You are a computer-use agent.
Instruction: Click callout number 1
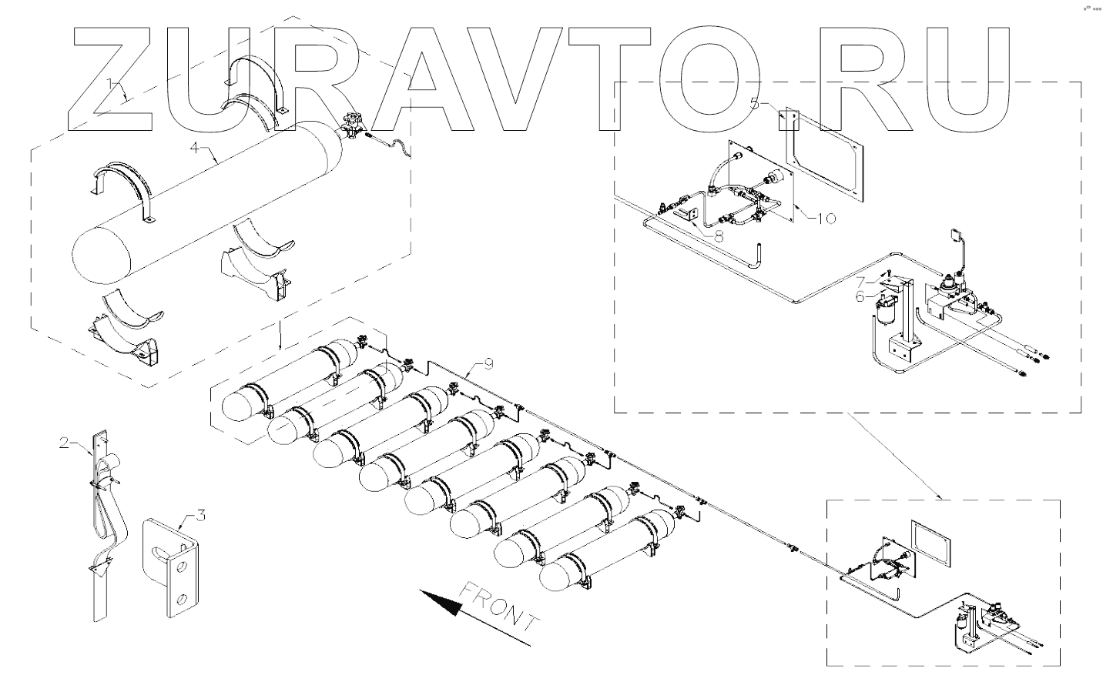point(112,83)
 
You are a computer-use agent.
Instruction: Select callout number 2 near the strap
point(65,443)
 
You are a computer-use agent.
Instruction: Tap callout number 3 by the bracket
point(200,515)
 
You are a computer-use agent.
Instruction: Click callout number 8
point(719,237)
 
